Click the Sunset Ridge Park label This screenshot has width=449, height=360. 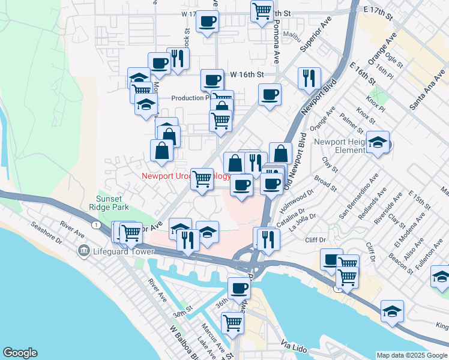112,203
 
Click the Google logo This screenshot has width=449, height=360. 20,353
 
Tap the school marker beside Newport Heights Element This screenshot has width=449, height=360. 378,142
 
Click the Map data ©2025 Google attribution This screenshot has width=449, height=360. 412,355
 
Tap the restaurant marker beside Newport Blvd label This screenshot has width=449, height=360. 309,77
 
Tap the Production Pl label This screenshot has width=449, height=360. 190,98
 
